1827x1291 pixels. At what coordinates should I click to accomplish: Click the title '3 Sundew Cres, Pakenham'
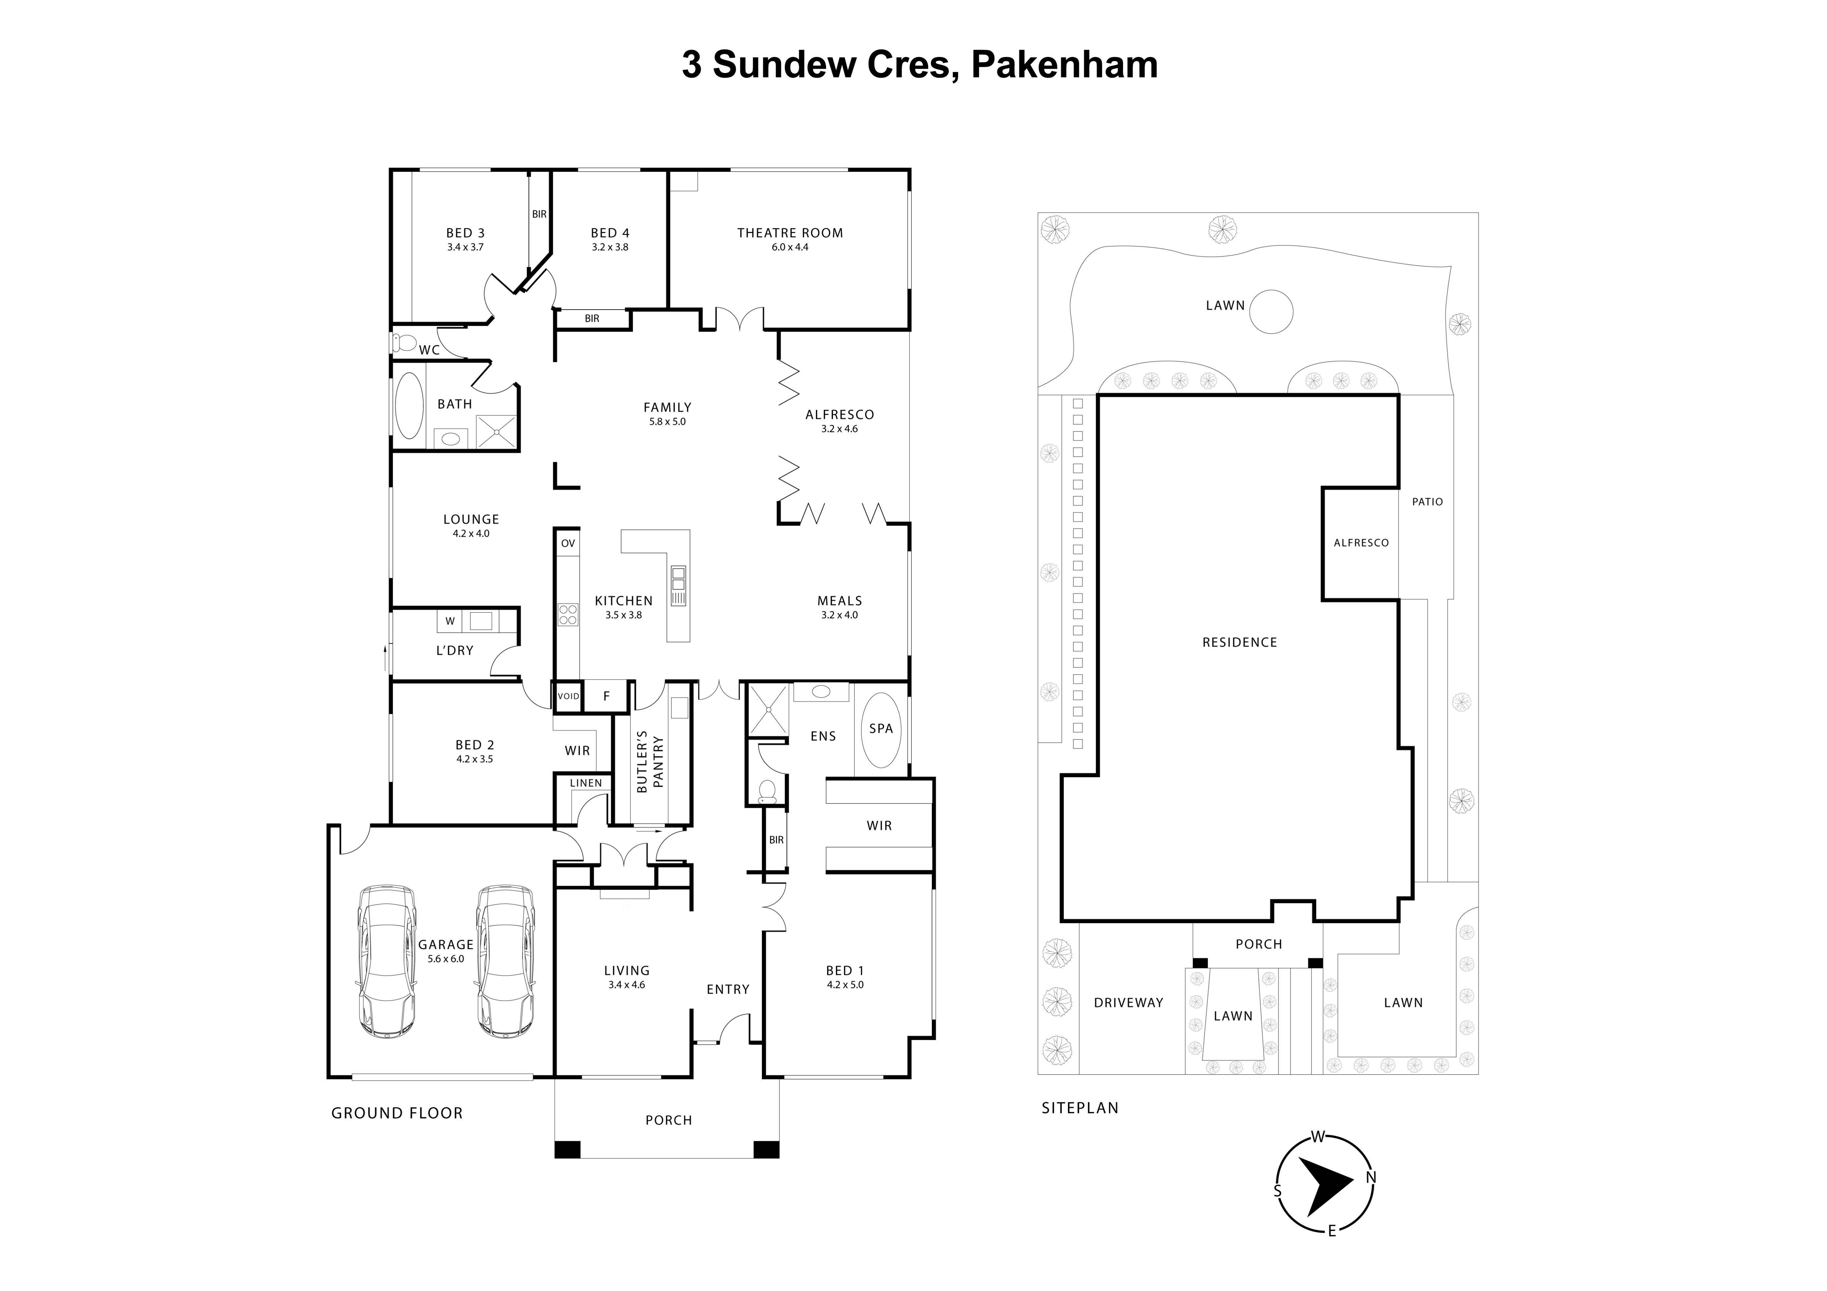(x=919, y=64)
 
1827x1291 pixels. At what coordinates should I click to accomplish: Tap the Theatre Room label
(x=789, y=233)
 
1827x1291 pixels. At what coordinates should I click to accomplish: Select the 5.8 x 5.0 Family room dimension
(x=667, y=422)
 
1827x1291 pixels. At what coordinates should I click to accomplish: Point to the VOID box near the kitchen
(x=568, y=696)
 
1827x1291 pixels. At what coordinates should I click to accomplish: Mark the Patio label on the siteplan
(x=1427, y=502)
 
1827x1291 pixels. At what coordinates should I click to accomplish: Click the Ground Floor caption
(x=396, y=1113)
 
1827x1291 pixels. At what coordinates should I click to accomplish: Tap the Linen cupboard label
(x=586, y=783)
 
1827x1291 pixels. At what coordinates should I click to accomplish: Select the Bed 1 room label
(x=844, y=971)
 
